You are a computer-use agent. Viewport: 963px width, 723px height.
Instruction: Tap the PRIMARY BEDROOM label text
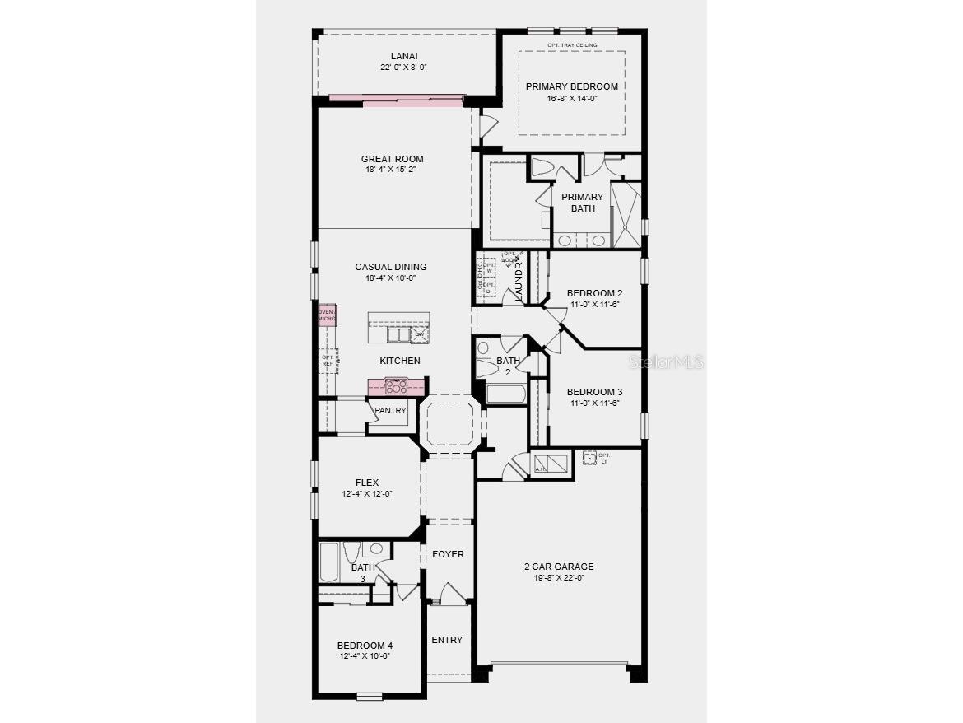pyautogui.click(x=572, y=86)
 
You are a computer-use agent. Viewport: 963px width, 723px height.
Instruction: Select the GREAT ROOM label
pyautogui.click(x=392, y=159)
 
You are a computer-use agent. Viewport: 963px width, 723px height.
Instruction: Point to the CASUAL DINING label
pyautogui.click(x=391, y=267)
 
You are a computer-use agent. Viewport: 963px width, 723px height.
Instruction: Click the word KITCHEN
pyautogui.click(x=400, y=361)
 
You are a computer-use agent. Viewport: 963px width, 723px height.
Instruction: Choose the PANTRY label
pyautogui.click(x=390, y=410)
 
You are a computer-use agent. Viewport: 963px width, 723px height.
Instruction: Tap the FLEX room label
pyautogui.click(x=367, y=483)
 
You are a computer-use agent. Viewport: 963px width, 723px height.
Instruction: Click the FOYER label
pyautogui.click(x=448, y=554)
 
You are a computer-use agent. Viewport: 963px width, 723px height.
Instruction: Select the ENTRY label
pyautogui.click(x=447, y=640)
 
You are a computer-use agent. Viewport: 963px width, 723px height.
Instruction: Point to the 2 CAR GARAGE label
pyautogui.click(x=559, y=567)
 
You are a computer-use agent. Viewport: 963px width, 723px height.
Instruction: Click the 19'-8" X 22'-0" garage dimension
pyautogui.click(x=559, y=578)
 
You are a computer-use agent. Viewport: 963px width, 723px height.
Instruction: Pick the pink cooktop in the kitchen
pyautogui.click(x=397, y=385)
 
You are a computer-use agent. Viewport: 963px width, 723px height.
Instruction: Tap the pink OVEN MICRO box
pyautogui.click(x=327, y=315)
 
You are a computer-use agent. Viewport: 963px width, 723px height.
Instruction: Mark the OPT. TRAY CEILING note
pyautogui.click(x=572, y=44)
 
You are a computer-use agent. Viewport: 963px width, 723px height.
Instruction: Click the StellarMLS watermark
pyautogui.click(x=667, y=361)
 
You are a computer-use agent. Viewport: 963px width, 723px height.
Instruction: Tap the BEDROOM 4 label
pyautogui.click(x=365, y=646)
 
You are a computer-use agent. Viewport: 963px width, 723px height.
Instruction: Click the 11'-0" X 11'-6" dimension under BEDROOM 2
pyautogui.click(x=594, y=304)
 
